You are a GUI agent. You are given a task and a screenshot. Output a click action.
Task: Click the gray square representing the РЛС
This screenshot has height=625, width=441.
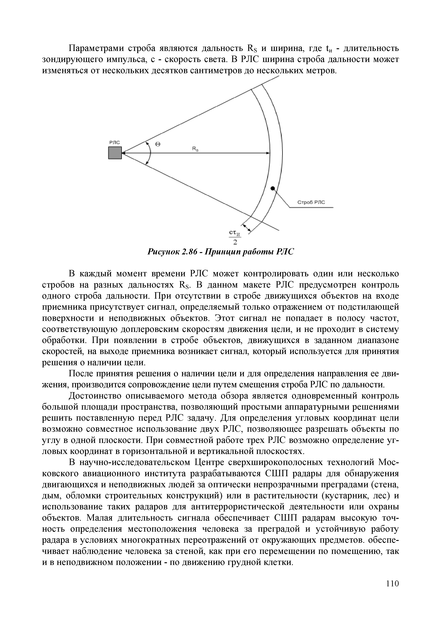coord(115,153)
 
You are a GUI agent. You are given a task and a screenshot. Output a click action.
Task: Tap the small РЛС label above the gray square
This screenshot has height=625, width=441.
coord(114,142)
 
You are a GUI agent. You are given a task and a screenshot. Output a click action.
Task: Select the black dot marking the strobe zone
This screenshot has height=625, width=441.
coord(273,189)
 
